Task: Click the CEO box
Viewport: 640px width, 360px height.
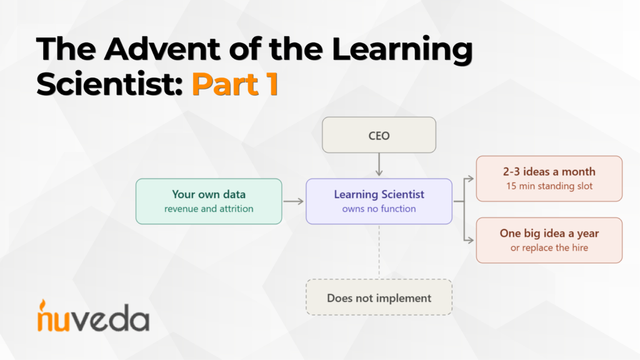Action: point(379,135)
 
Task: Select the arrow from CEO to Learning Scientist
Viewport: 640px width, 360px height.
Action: point(379,164)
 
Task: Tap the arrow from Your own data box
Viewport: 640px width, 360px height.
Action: point(294,201)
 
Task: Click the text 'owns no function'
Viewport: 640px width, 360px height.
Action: point(379,209)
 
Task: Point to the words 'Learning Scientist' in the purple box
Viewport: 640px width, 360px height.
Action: point(379,194)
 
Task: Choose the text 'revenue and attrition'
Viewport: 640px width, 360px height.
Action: point(209,209)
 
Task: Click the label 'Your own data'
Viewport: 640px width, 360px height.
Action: point(209,194)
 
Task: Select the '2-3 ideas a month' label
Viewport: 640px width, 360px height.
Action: point(549,171)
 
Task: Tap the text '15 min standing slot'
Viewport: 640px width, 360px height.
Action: point(549,186)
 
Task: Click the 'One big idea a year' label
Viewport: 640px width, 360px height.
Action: point(549,233)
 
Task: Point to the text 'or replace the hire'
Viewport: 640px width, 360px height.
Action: point(549,247)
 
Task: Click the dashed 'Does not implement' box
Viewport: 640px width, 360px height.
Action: point(379,297)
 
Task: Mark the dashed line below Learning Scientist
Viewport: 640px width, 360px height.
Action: point(379,251)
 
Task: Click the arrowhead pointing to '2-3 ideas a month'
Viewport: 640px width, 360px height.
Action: point(471,179)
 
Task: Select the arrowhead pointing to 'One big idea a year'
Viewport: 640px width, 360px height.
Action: point(471,241)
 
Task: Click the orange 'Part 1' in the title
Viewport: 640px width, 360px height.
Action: point(235,84)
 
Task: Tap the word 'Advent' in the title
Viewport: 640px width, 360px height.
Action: point(162,49)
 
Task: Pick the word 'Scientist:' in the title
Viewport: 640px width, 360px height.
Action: point(109,84)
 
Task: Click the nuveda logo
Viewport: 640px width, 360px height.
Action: point(93,316)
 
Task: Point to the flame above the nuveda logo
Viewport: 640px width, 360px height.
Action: point(42,306)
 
